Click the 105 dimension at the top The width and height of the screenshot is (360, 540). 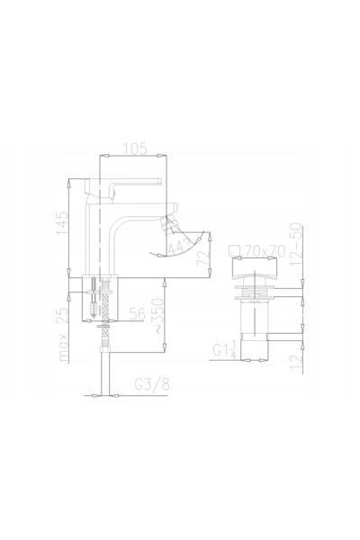135,148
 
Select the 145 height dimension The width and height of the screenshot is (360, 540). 62,223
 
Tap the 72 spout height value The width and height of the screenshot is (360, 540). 202,258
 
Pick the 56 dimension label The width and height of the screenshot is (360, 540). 137,314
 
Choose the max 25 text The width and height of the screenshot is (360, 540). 64,334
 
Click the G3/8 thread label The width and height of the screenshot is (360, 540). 152,384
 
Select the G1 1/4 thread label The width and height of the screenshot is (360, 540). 224,349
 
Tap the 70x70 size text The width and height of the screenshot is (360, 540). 265,251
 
